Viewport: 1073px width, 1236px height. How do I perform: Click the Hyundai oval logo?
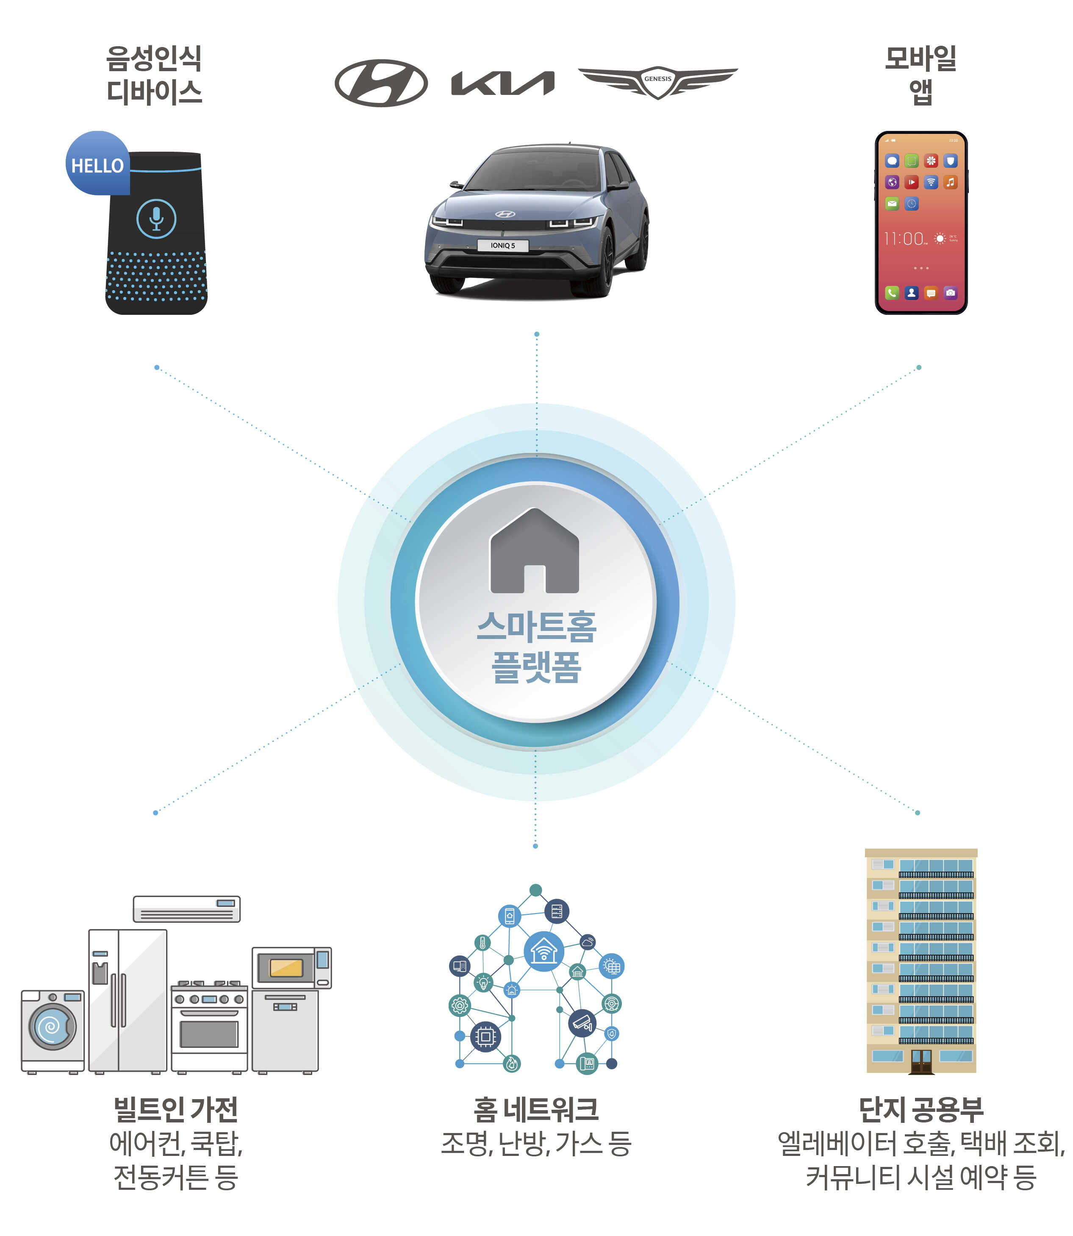[x=381, y=83]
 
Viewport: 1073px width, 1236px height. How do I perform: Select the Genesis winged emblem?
[x=657, y=82]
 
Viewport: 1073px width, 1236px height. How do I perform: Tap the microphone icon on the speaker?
[x=156, y=219]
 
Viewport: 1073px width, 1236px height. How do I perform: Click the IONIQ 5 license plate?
[x=502, y=245]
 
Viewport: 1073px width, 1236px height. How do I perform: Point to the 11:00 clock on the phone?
[x=904, y=239]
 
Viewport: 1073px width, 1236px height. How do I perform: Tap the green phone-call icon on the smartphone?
[x=892, y=293]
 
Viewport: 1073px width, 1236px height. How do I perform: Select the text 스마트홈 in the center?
[x=536, y=627]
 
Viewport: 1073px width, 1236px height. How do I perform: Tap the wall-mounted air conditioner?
[x=186, y=909]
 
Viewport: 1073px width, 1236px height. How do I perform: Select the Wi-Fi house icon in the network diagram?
[x=543, y=951]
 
